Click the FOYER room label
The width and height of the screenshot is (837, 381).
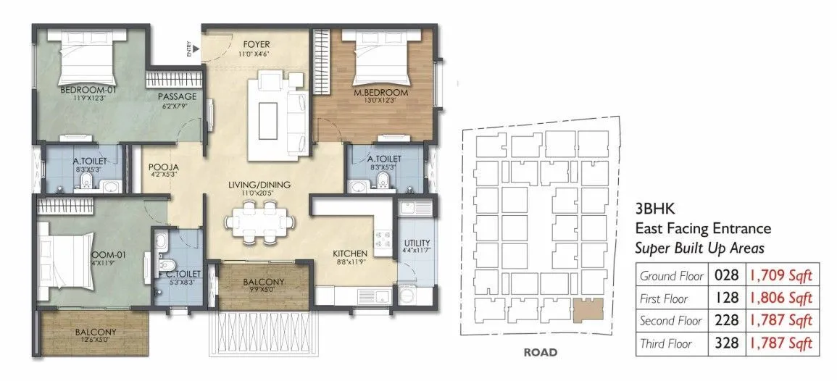coord(257,44)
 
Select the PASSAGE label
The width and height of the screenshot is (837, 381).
coord(178,96)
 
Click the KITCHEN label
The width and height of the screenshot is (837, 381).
coord(351,254)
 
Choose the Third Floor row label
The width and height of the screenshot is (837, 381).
coord(665,343)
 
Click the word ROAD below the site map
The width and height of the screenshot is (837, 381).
coord(540,353)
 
